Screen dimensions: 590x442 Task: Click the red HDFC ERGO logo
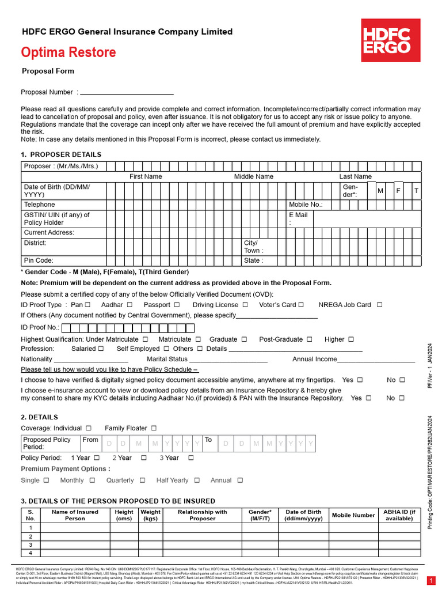point(386,40)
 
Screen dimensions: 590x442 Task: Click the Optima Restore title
point(68,52)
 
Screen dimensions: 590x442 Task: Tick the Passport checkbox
point(177,305)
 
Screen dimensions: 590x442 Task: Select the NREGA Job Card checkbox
point(379,305)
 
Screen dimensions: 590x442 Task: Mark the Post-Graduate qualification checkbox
point(311,339)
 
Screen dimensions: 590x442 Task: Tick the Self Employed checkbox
point(166,349)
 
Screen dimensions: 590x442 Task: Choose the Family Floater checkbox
point(154,428)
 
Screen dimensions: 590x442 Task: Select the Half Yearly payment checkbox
point(197,480)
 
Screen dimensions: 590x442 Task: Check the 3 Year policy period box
point(191,457)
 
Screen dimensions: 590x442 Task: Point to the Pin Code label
point(39,260)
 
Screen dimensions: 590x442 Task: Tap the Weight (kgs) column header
point(151,515)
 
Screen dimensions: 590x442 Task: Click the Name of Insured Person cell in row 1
point(75,528)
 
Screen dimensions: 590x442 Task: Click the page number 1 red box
point(432,580)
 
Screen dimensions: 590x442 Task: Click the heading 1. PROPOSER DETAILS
point(61,154)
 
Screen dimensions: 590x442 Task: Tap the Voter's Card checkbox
point(301,305)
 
